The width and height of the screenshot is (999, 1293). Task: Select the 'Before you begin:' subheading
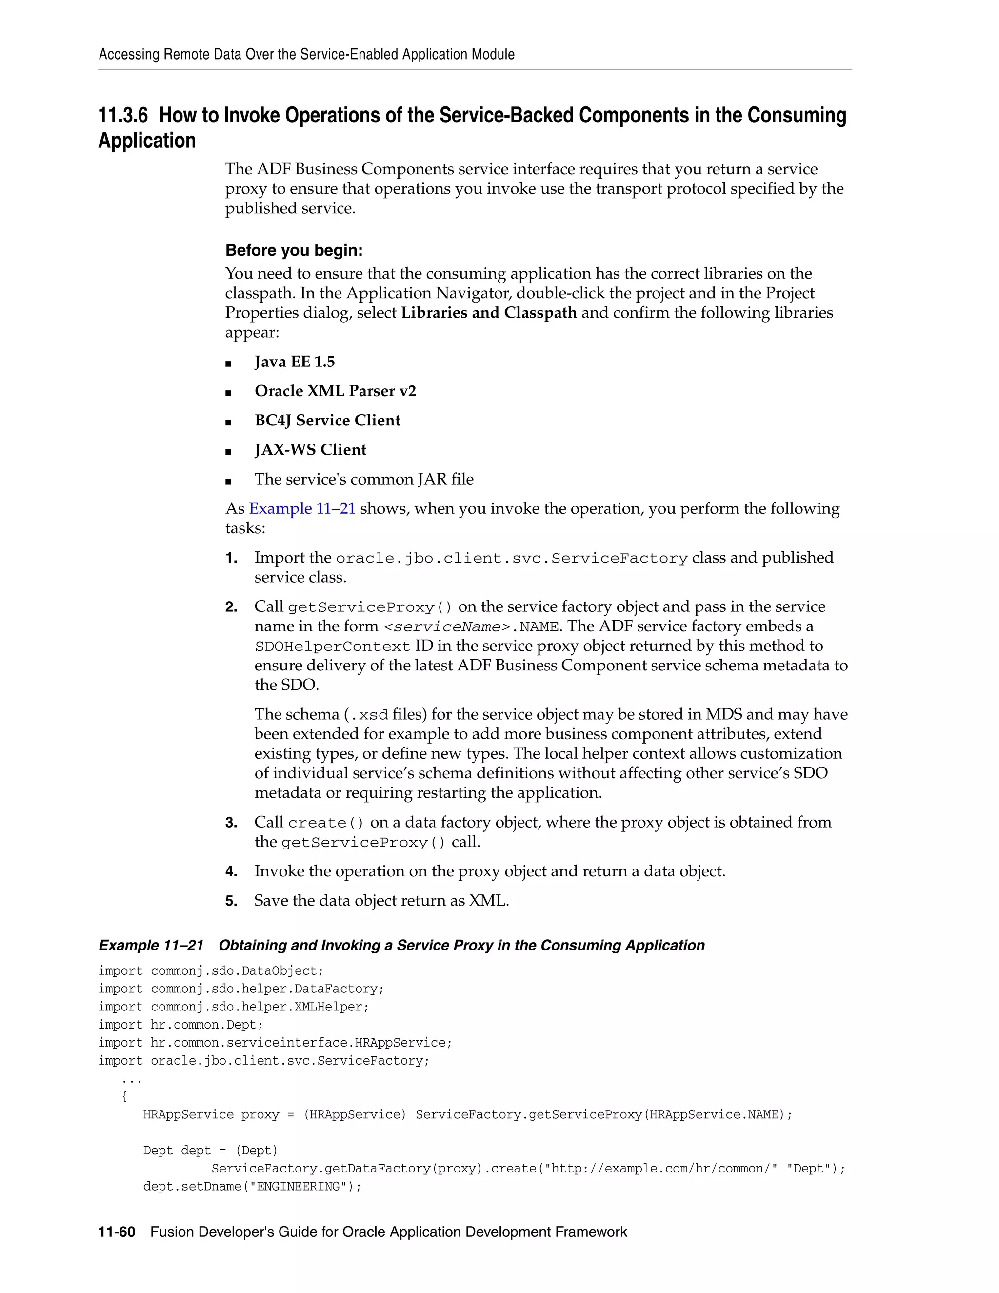(294, 250)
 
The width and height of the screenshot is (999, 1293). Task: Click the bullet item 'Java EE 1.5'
(294, 362)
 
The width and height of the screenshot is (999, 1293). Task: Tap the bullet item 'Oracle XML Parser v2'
(335, 391)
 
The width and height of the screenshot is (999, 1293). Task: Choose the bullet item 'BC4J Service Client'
(327, 420)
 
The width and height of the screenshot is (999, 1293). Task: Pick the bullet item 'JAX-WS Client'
(310, 450)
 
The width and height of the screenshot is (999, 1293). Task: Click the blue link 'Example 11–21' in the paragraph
(302, 508)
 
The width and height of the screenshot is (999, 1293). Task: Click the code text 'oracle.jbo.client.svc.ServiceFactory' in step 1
(511, 558)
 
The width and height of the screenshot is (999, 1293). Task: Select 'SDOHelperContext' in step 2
(332, 646)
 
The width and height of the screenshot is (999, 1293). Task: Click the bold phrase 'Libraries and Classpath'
(488, 313)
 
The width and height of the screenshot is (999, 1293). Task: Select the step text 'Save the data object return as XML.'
(381, 901)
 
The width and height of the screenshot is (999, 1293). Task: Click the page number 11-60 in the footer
(117, 1232)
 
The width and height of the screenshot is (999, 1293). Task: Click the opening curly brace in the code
(124, 1096)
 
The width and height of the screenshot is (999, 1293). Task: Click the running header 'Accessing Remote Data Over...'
(306, 55)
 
